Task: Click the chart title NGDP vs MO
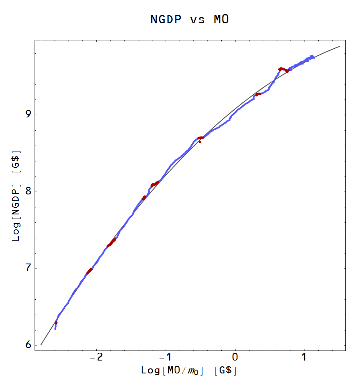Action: coord(190,20)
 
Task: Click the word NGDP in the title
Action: coord(166,20)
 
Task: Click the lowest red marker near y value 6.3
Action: coord(56,323)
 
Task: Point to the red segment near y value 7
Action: coord(89,271)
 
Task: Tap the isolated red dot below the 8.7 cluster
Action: coord(200,142)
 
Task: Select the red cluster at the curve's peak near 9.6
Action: coord(282,69)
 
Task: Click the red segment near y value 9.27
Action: coord(258,94)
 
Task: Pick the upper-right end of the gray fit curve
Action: coord(340,46)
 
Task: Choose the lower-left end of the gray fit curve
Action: coord(41,345)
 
